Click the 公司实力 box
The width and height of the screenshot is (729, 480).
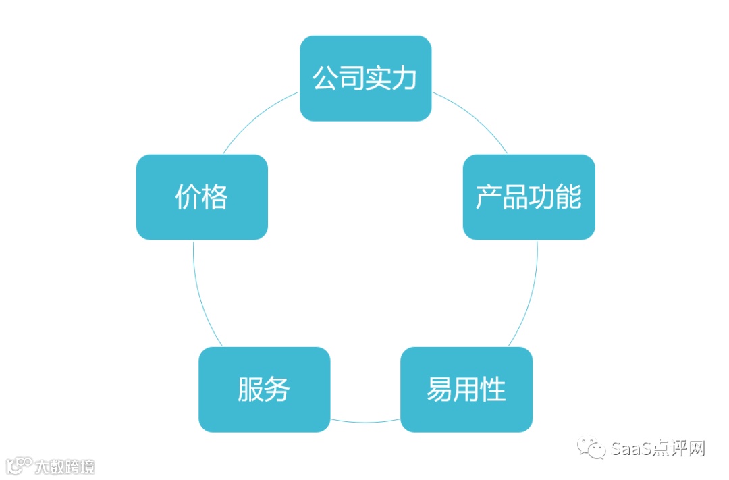[365, 78]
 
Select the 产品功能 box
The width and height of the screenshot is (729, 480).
[529, 197]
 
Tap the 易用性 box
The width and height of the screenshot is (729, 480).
[466, 390]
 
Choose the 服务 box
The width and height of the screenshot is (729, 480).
[264, 390]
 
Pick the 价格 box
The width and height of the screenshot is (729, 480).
[202, 197]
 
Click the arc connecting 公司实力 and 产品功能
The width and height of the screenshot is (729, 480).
[473, 118]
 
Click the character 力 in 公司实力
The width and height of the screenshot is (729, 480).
[405, 79]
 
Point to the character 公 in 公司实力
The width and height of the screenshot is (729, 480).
[325, 79]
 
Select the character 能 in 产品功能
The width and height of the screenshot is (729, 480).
[568, 197]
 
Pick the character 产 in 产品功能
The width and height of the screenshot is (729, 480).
[489, 197]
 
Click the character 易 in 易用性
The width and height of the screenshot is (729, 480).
[439, 390]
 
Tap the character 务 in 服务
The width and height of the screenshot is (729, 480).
[277, 390]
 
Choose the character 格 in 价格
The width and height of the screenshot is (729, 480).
[215, 197]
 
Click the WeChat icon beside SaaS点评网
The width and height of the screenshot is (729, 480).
[595, 448]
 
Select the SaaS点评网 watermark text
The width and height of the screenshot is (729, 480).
[657, 448]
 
